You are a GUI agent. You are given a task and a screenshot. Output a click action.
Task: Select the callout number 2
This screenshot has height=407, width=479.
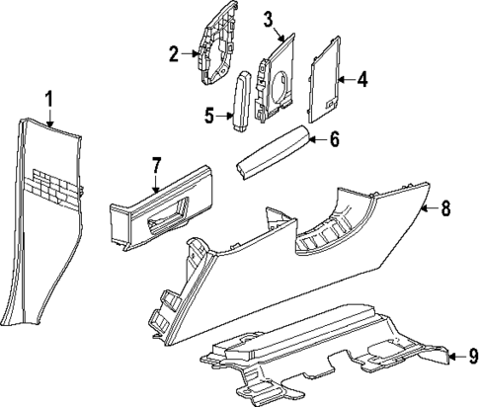[174, 53]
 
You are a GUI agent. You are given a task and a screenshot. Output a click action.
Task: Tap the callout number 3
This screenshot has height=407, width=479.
[268, 18]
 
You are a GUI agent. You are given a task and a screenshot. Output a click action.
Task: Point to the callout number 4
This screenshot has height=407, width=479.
[361, 78]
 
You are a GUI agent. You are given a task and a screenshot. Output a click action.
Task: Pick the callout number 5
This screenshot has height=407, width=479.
[209, 116]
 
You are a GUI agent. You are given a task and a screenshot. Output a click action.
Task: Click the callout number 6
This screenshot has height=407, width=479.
[333, 140]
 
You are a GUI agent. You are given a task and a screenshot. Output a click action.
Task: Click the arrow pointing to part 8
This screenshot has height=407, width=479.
[428, 208]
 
